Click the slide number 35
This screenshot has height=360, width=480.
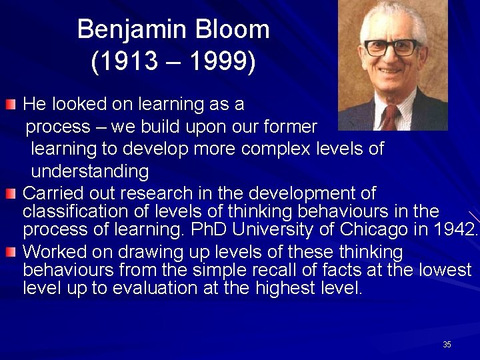pyautogui.click(x=447, y=344)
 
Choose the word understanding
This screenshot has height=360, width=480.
pyautogui.click(x=90, y=171)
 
